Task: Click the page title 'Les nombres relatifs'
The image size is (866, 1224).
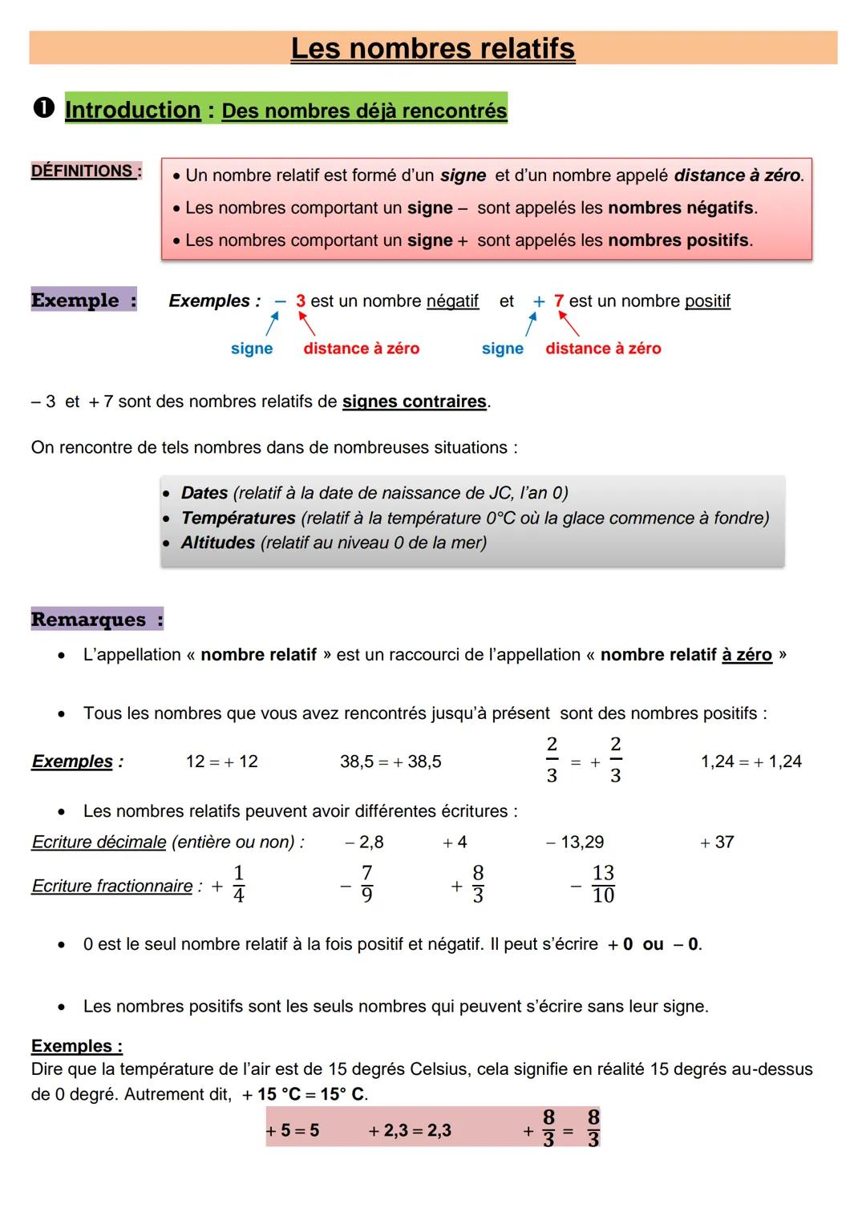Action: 432,48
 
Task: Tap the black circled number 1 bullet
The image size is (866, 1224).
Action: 43,108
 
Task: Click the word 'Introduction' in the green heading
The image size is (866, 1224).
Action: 132,110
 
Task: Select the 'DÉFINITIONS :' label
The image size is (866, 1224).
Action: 86,171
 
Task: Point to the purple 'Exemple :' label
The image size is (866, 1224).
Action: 83,300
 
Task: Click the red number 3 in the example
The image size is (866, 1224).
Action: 301,301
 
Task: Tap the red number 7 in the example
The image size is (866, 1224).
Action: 559,301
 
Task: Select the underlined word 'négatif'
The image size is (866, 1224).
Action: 452,301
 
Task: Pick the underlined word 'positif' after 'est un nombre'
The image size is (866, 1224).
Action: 707,301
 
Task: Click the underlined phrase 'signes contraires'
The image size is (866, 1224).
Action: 415,402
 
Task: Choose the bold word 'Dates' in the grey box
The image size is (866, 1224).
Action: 204,493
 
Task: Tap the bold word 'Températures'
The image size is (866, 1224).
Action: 238,518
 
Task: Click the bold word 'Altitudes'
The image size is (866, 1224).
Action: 217,543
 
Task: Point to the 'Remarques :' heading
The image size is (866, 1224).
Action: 96,620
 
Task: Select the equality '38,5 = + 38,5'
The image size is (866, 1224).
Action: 391,761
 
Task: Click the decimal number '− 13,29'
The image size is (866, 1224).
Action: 575,842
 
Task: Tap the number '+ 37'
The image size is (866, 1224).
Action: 717,842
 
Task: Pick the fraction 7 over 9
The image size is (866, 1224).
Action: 366,884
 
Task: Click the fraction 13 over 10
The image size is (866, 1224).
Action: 602,884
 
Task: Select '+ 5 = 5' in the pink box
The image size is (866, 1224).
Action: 293,1130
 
